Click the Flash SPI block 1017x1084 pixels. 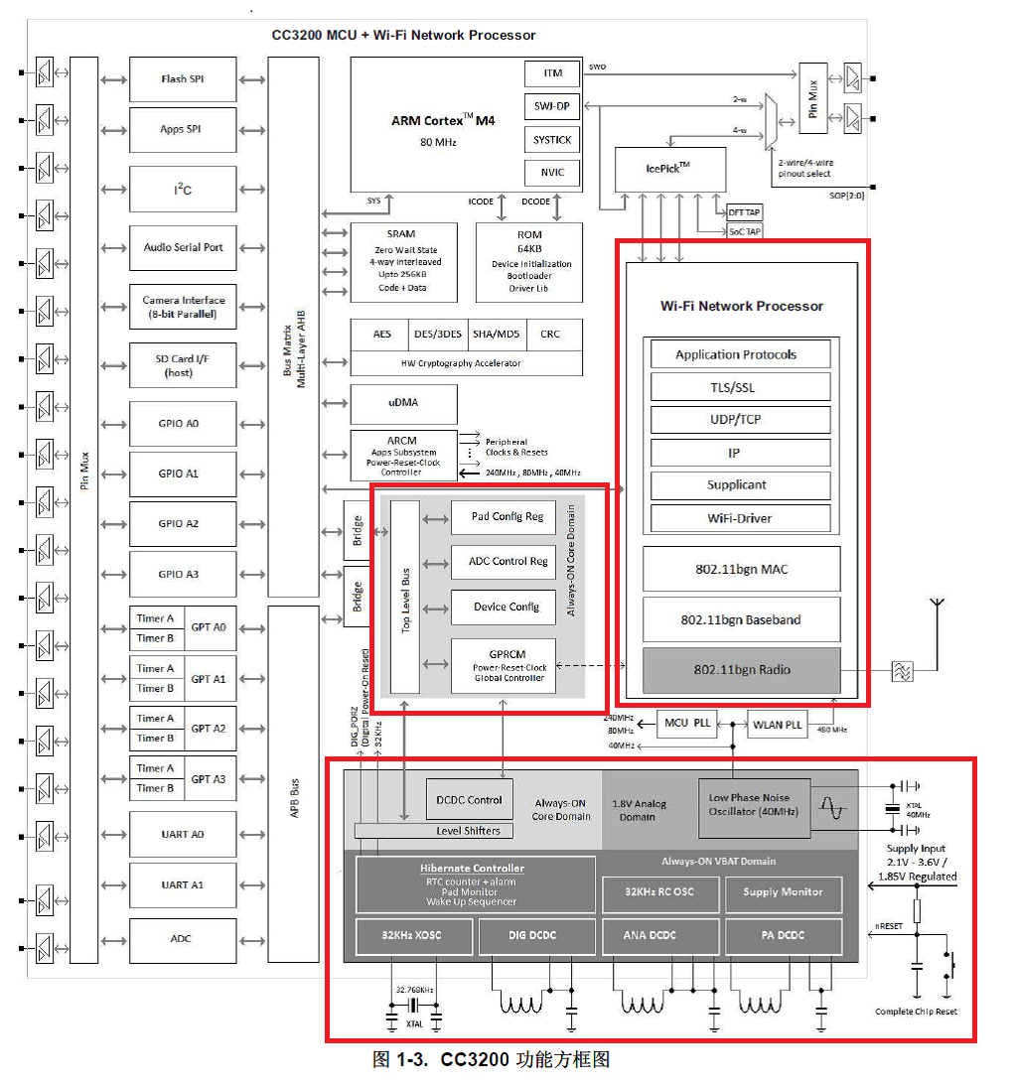[183, 79]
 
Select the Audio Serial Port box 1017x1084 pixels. [183, 248]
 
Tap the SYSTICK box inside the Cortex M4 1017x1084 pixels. [552, 140]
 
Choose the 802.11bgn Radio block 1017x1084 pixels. [741, 669]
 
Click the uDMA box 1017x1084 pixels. [403, 403]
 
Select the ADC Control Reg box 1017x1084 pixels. [503, 562]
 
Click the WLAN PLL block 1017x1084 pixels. [777, 724]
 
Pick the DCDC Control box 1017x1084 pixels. [470, 799]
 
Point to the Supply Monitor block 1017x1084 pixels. [783, 892]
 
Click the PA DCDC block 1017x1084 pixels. [783, 935]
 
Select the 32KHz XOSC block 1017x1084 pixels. [413, 935]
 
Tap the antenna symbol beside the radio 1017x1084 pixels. [934, 608]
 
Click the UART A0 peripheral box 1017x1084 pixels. [183, 834]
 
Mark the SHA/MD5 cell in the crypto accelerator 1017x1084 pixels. [494, 335]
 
